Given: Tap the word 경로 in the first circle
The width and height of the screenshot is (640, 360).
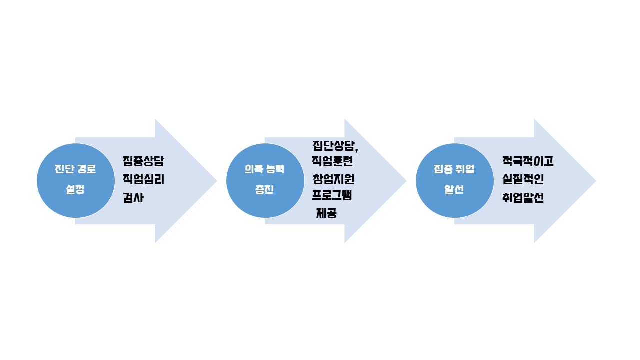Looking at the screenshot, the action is [87, 169].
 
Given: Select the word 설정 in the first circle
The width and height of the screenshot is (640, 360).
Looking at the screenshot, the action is [75, 189].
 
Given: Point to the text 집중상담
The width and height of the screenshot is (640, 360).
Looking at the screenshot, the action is [143, 161].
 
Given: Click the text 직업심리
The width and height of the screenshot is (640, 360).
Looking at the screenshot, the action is [143, 179].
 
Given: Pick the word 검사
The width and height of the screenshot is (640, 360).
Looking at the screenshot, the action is [133, 197].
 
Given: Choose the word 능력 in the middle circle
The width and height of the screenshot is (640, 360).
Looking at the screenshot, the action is [275, 169].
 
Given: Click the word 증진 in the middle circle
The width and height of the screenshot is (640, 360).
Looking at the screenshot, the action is [265, 189].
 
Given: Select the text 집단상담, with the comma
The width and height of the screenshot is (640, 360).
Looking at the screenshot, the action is [335, 146].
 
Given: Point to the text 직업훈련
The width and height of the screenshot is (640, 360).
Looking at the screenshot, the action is [332, 161].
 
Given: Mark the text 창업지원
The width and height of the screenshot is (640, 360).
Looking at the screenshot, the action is [333, 179].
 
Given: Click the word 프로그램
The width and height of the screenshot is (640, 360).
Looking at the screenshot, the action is [332, 195].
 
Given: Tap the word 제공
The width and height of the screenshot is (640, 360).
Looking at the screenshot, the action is [326, 213].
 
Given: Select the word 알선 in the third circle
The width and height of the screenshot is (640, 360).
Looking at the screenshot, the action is [454, 189].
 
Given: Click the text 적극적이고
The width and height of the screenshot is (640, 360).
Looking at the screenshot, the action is [528, 161].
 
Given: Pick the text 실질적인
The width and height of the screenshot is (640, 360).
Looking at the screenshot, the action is [523, 179].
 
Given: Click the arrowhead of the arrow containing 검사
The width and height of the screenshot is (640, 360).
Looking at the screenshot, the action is [186, 181].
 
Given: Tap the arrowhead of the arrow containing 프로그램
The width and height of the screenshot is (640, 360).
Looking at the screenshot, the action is [375, 181].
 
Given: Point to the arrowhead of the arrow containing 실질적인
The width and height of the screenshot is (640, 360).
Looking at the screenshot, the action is [565, 181].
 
